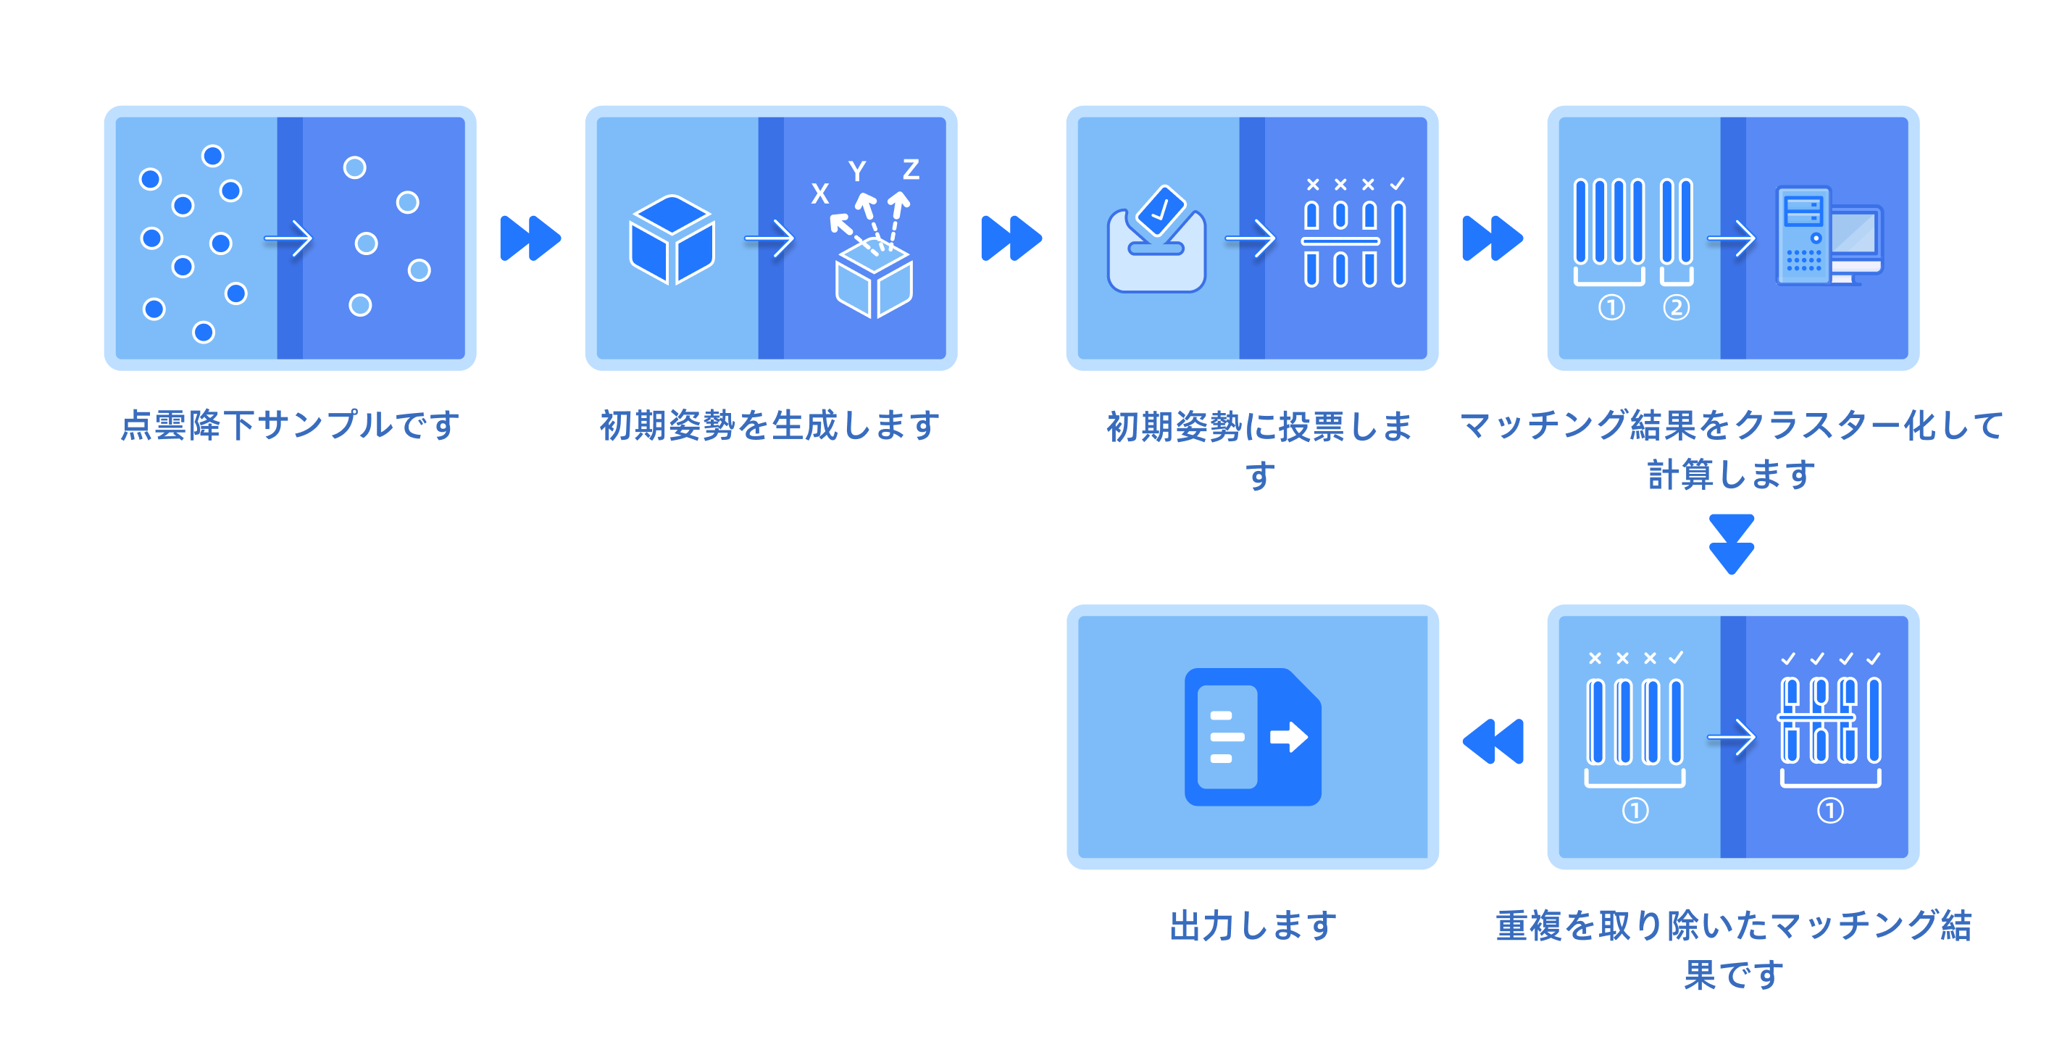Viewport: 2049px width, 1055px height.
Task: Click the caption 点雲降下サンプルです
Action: point(291,425)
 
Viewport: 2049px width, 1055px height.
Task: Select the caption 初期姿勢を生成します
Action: point(770,425)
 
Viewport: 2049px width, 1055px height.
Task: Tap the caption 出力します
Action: point(1253,925)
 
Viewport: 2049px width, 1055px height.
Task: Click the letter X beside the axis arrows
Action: point(820,193)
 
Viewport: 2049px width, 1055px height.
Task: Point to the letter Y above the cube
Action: point(856,171)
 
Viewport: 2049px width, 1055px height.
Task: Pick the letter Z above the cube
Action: point(911,170)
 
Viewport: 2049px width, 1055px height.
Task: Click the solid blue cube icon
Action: point(672,238)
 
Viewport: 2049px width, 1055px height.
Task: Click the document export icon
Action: point(1253,737)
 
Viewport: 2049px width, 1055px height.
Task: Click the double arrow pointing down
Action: point(1732,544)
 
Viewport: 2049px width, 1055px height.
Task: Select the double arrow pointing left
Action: point(1494,741)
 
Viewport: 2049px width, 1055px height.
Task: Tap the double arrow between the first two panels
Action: point(530,238)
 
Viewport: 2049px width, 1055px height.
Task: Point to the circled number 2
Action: point(1676,308)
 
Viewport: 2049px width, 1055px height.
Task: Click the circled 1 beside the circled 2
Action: point(1611,308)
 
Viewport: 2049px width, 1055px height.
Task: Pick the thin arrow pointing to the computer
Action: point(1732,238)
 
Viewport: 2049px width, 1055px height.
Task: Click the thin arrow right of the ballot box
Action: point(1251,238)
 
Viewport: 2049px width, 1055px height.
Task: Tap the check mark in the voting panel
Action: point(1398,184)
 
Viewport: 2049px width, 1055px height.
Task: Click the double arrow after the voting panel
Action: point(1493,238)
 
